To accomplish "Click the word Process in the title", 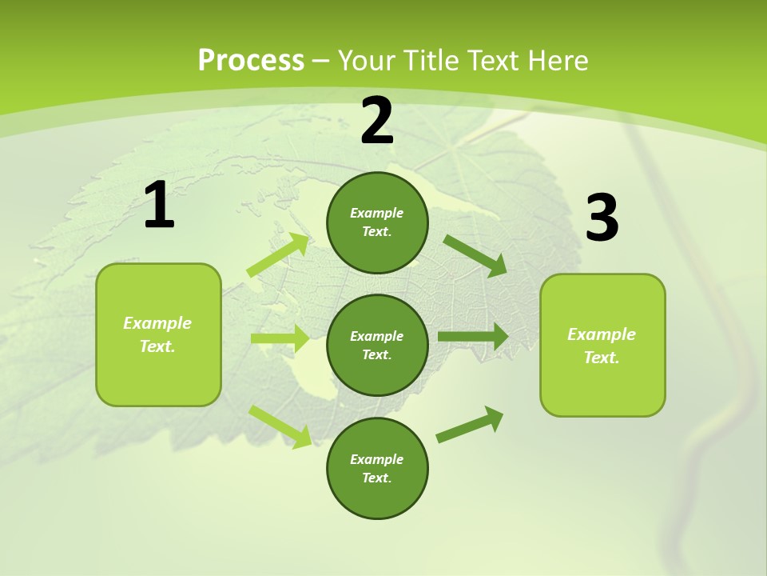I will pos(251,61).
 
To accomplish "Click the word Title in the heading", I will pos(431,61).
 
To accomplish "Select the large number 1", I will pos(159,206).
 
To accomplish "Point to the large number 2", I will pos(377,121).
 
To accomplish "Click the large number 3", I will pos(602,218).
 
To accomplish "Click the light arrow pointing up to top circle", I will pos(278,255).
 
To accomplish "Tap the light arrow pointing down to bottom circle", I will pos(280,426).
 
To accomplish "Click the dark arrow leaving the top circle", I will pos(475,255).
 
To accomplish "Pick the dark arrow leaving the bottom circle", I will pos(470,425).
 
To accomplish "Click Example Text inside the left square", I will pos(157,334).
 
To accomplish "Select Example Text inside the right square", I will pos(602,346).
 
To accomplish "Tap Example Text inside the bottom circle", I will pos(377,468).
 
